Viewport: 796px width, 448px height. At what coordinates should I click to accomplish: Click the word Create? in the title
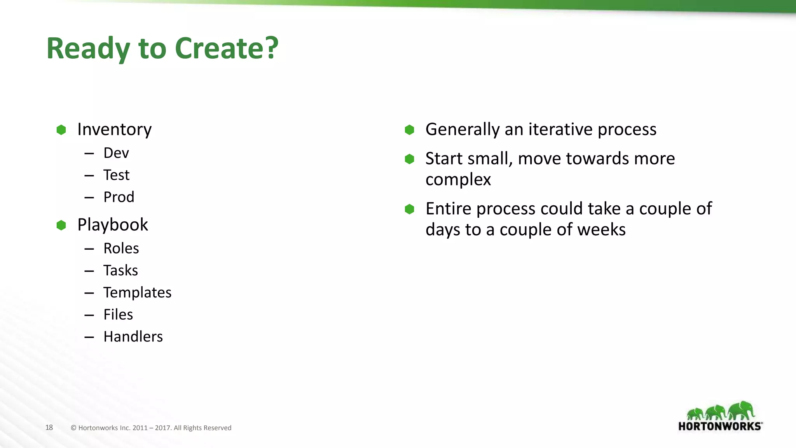[x=227, y=48]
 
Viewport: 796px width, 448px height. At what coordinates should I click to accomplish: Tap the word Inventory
[x=114, y=129]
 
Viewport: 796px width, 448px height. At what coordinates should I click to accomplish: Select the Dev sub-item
[x=116, y=153]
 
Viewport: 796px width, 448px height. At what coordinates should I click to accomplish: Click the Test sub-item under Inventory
[x=116, y=175]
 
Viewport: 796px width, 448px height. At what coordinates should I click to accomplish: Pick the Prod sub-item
[x=119, y=197]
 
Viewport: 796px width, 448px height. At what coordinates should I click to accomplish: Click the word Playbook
[x=112, y=225]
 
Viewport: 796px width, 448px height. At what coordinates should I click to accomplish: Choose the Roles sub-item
[x=121, y=248]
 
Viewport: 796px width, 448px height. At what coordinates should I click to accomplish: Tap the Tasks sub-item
[x=120, y=270]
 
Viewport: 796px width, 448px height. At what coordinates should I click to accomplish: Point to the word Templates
[x=137, y=292]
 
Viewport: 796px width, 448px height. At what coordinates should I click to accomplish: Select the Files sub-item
[x=118, y=314]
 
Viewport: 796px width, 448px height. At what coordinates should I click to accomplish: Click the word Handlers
[x=133, y=336]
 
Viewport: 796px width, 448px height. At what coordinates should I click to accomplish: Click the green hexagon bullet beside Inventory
[x=61, y=130]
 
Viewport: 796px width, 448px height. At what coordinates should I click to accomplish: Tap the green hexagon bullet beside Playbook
[x=61, y=225]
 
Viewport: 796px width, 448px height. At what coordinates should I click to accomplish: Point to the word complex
[x=458, y=180]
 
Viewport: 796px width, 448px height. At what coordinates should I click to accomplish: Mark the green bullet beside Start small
[x=409, y=159]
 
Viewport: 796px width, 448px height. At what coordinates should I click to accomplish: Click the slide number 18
[x=49, y=427]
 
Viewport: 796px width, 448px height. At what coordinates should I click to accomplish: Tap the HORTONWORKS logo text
[x=719, y=426]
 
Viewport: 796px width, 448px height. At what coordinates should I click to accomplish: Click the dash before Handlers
[x=89, y=337]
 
